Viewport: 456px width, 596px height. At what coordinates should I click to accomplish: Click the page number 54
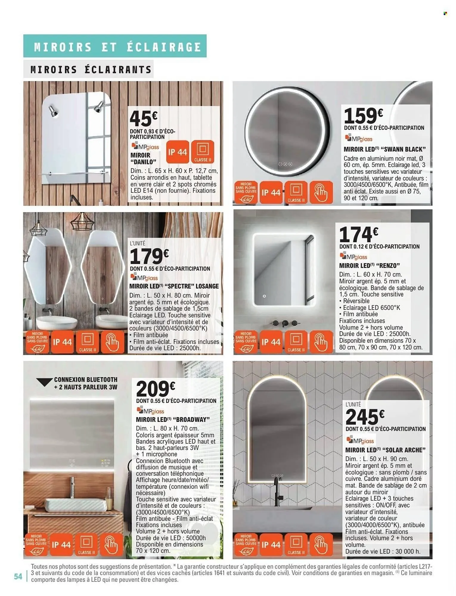pos(18,577)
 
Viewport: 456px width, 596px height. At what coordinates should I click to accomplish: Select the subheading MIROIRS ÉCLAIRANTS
pos(91,70)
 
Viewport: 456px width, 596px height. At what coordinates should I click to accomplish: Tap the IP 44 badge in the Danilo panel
pos(177,152)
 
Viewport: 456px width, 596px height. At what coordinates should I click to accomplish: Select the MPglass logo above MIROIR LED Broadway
pos(150,411)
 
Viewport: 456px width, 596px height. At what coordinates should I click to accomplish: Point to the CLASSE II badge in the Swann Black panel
pos(296,193)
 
